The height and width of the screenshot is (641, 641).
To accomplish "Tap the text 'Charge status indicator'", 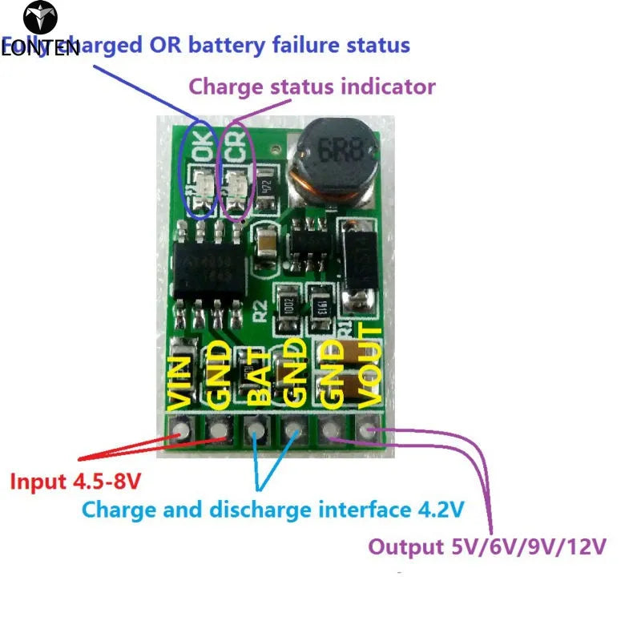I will click(312, 86).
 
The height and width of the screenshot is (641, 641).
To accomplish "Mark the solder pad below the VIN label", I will click(181, 433).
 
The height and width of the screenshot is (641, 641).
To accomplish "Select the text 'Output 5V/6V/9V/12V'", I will click(486, 547).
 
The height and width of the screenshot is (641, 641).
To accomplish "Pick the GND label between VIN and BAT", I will click(218, 373).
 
